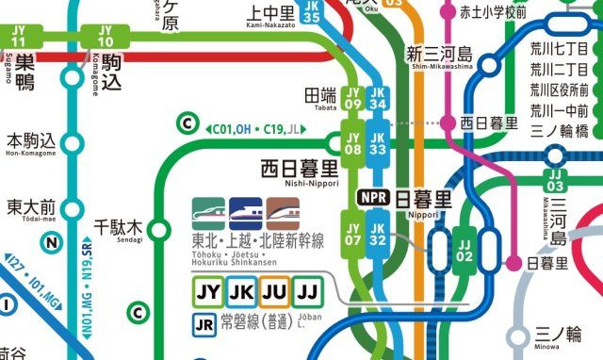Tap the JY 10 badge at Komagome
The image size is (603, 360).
point(106,36)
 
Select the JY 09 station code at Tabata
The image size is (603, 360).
point(353,97)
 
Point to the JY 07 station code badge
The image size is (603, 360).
point(353,234)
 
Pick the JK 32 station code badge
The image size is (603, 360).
point(378,234)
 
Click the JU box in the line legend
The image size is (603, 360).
point(274,291)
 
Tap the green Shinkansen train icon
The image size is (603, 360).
point(208,212)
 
